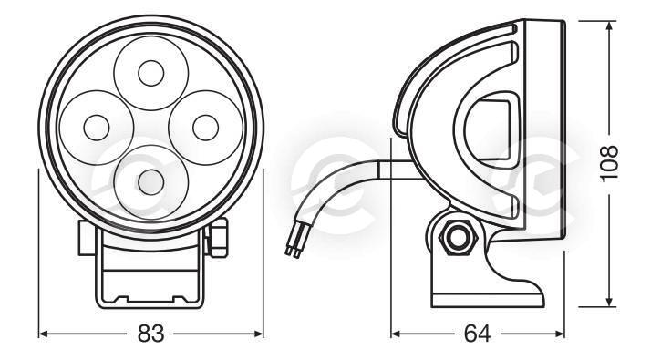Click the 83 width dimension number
point(150,334)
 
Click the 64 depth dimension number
point(477,334)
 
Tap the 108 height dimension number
point(609,163)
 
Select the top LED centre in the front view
point(151,73)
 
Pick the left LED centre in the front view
point(97,128)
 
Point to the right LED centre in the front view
point(206,128)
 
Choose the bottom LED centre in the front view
point(151,182)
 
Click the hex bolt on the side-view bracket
point(458,238)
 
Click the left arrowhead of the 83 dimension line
point(43,334)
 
